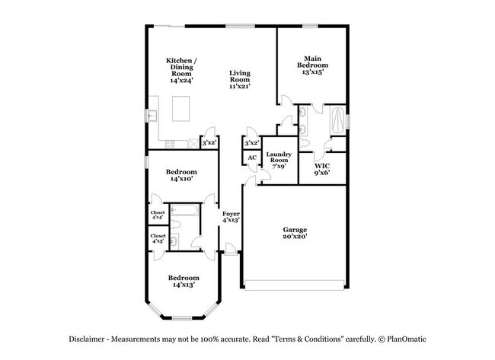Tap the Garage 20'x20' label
pos(295,233)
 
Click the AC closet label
pos(251,158)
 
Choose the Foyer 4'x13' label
pos(231,218)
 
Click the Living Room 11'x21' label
pos(240,79)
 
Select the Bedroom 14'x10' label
pos(183,177)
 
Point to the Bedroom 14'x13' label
pos(184,282)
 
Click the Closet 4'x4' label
pos(158,215)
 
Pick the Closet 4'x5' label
pos(158,240)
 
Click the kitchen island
pos(183,109)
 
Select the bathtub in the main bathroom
pos(335,120)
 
